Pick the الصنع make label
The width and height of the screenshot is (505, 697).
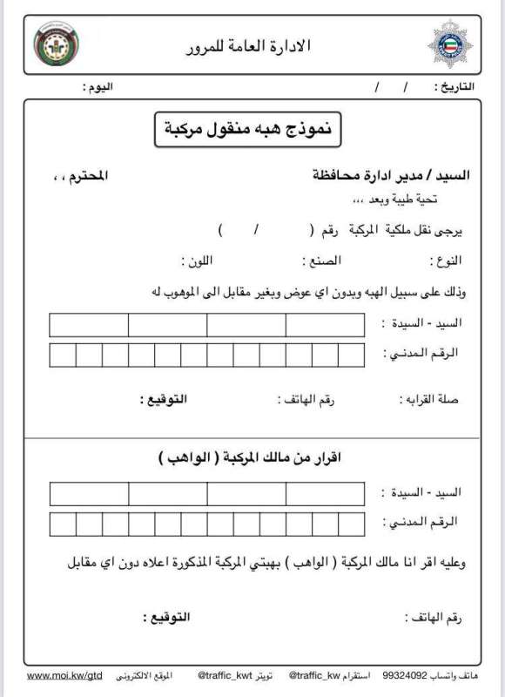[320, 261]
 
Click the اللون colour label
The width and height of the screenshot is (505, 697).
[196, 261]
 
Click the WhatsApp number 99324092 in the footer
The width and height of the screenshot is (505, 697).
[405, 674]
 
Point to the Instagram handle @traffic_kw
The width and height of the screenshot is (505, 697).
[316, 674]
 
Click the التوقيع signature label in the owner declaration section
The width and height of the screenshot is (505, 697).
[165, 618]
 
